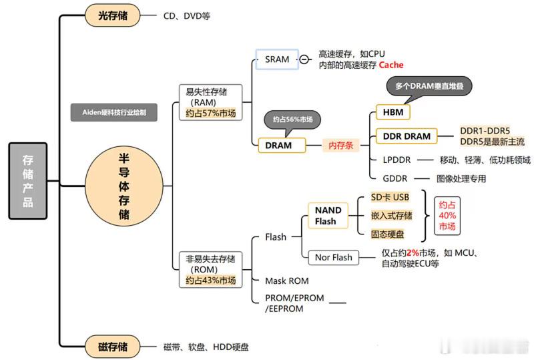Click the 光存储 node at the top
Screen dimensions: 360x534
[x=113, y=15]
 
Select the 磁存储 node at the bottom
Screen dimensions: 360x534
[x=113, y=346]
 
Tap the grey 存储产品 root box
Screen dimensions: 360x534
[x=27, y=180]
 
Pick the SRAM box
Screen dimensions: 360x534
[x=277, y=59]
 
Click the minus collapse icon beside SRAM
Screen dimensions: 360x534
[x=304, y=59]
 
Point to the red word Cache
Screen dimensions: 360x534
[x=391, y=65]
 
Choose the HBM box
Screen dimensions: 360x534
[x=393, y=112]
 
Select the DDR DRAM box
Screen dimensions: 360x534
[x=407, y=136]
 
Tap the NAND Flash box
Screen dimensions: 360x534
[x=328, y=215]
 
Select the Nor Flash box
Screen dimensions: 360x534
[x=333, y=257]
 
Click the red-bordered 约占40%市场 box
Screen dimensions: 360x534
[x=447, y=216]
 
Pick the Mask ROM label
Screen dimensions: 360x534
[x=286, y=281]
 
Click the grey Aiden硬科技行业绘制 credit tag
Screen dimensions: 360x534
[x=115, y=113]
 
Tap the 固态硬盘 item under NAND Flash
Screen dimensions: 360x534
[x=388, y=234]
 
